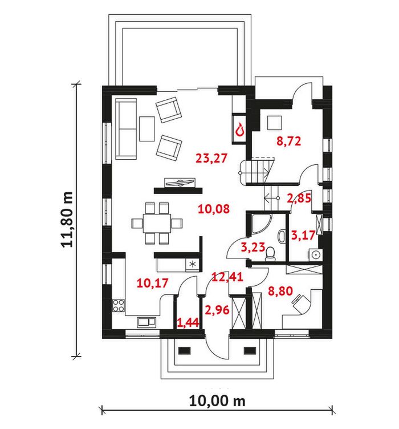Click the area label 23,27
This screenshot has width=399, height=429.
coord(211,159)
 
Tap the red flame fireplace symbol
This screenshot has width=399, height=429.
coord(239,129)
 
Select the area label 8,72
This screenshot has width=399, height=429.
coord(288,141)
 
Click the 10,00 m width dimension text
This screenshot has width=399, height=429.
coord(217,401)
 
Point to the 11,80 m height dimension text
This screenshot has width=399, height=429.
coord(67,220)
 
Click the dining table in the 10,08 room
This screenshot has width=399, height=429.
coord(157,223)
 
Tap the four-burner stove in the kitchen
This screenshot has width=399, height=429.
coord(119,306)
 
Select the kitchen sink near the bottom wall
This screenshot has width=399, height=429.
coord(146,322)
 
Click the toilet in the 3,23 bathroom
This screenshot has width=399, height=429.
coord(270,254)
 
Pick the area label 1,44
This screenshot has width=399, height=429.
coord(188,323)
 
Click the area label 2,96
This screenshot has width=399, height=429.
coord(217,310)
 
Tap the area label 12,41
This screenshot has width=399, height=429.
coord(227,277)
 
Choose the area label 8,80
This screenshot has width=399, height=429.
coord(280,291)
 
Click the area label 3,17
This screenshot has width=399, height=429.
coord(303,235)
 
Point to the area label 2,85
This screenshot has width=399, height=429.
coord(299,198)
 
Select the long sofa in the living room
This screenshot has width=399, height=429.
coord(126,129)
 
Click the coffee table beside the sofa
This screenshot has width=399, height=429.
coord(147,129)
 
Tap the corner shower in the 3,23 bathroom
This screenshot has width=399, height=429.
coord(260,224)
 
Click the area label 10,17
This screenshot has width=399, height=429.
coord(152,283)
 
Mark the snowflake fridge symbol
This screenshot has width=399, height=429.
coord(193,264)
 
